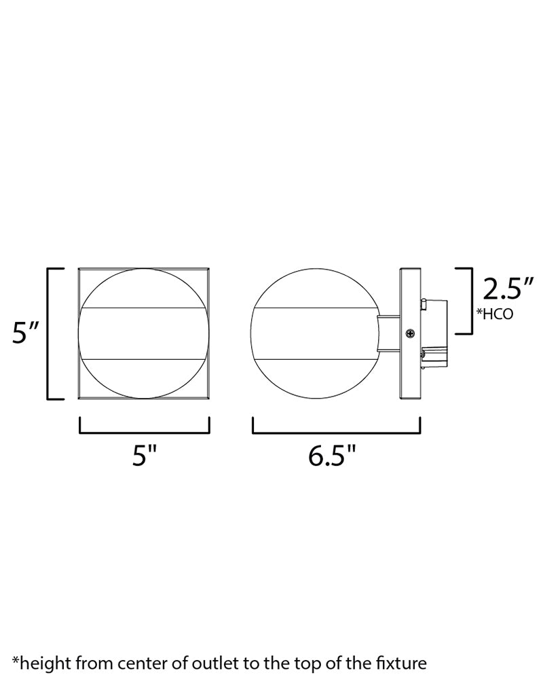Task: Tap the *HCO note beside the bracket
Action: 495,314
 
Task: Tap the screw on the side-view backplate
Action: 410,333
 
